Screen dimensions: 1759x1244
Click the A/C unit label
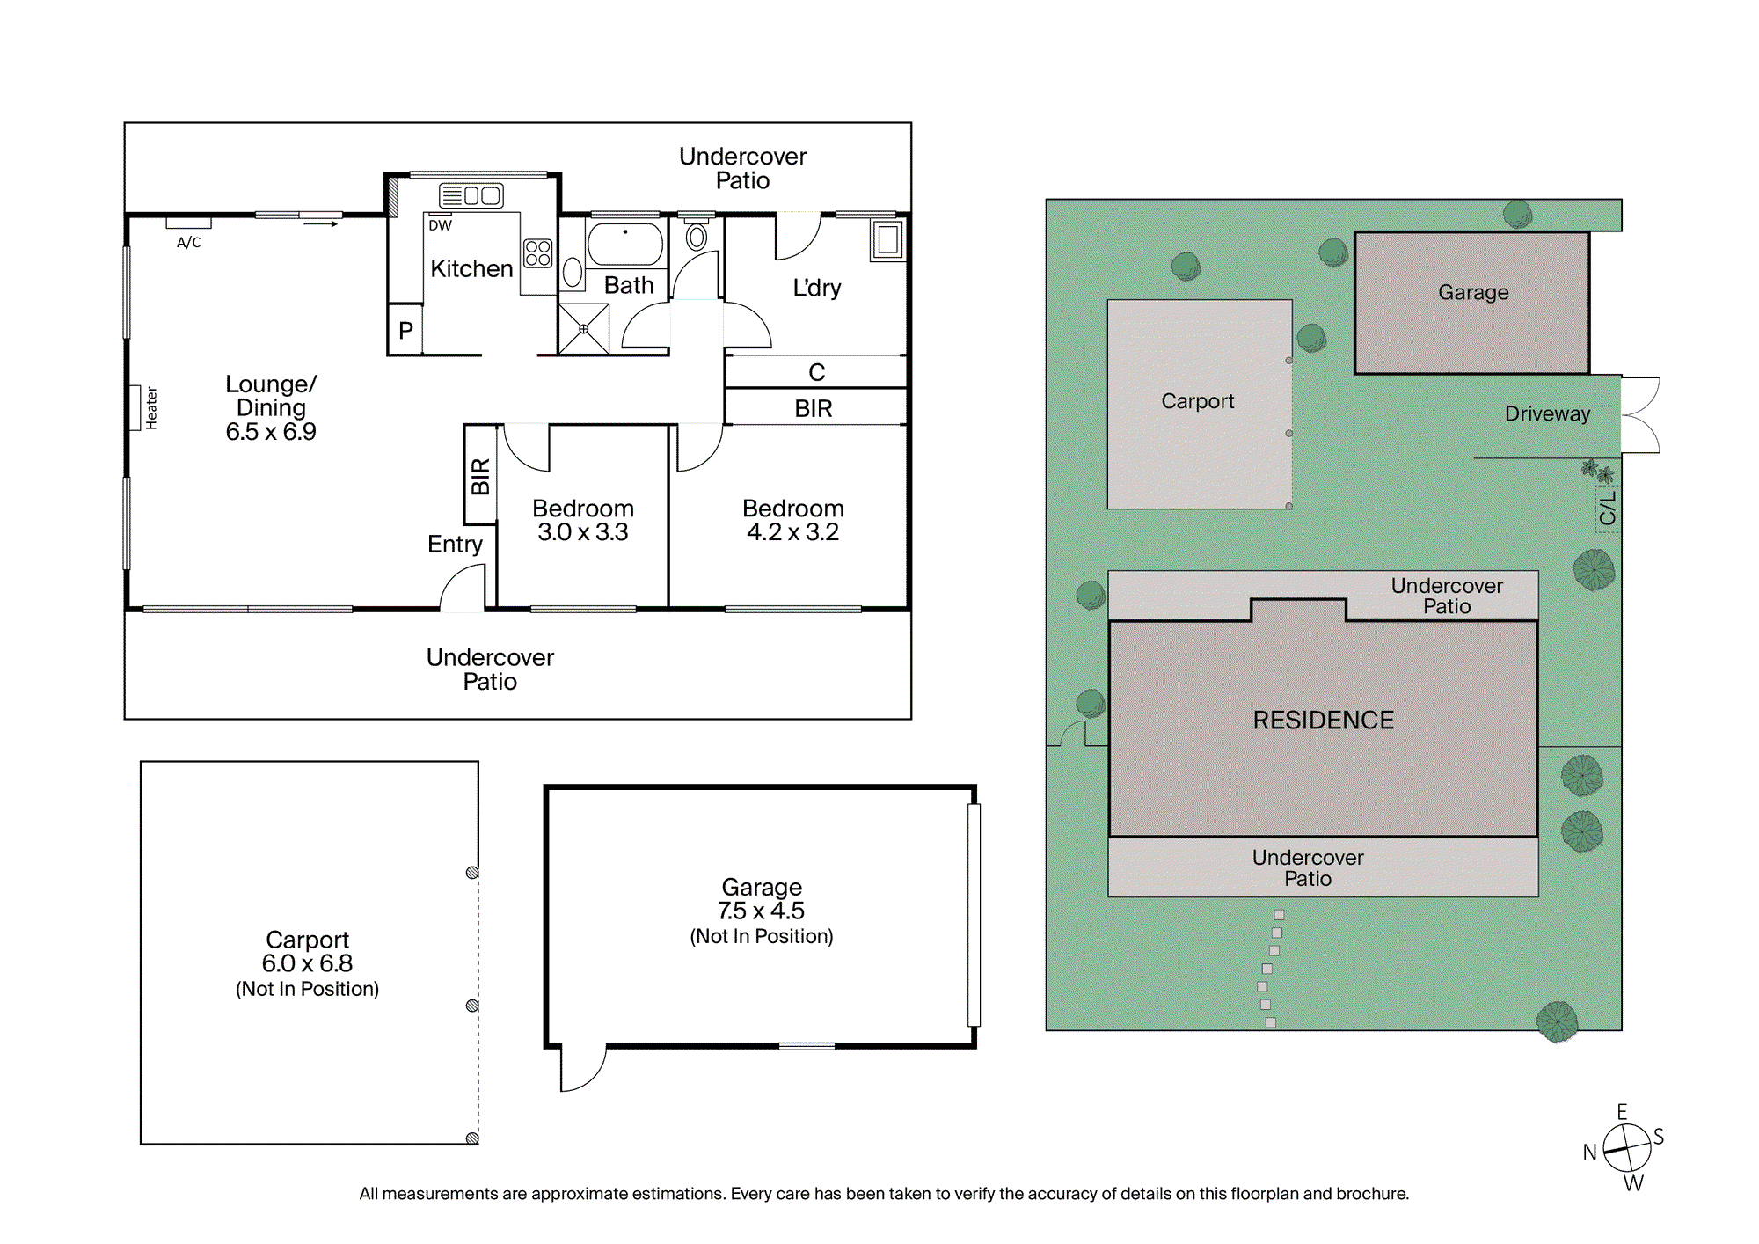point(189,242)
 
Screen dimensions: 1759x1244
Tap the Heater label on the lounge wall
point(151,408)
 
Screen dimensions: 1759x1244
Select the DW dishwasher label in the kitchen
point(440,225)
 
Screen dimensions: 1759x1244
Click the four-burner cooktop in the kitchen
point(537,253)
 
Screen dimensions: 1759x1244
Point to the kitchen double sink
point(471,195)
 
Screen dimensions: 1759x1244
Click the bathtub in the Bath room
point(625,244)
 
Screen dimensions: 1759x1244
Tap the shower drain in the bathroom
point(583,329)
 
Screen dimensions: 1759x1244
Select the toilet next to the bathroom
point(697,236)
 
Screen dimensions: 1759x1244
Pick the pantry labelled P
point(405,330)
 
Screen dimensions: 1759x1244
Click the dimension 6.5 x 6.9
point(271,432)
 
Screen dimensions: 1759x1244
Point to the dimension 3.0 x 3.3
point(583,532)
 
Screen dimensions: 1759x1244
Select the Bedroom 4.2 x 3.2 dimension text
point(792,532)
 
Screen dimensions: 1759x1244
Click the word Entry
point(455,545)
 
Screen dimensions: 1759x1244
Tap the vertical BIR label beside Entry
point(480,476)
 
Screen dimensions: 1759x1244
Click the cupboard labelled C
point(816,372)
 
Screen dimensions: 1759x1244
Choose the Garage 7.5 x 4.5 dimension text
point(761,911)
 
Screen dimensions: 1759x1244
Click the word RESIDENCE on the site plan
point(1324,721)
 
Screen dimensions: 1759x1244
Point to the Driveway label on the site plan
point(1548,413)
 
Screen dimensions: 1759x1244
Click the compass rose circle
point(1627,1148)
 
